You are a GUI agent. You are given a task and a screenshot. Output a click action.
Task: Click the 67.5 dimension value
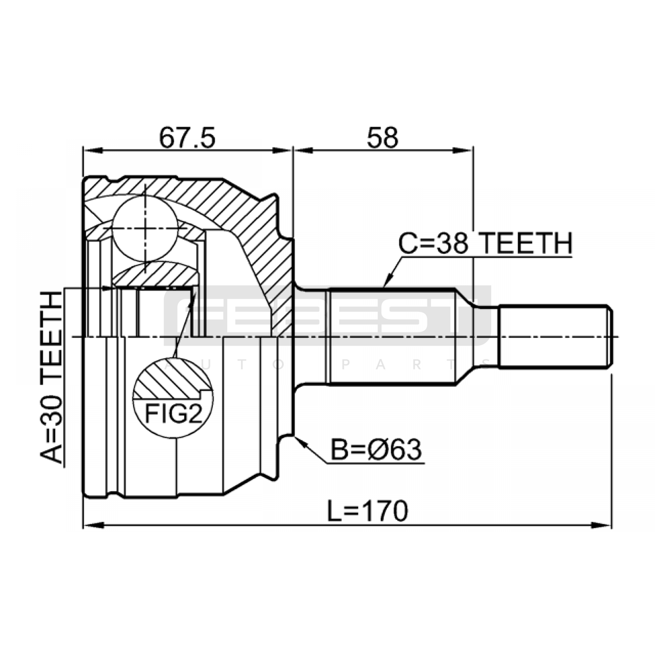pos(187,138)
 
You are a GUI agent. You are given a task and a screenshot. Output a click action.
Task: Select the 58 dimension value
pos(382,138)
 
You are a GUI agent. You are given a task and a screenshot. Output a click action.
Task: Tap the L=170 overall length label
pos(368,510)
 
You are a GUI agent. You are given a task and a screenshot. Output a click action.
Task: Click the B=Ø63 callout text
pos(376,449)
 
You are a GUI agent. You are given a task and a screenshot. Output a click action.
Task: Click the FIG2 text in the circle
pos(174,414)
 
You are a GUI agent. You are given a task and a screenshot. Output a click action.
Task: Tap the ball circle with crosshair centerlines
pos(145,228)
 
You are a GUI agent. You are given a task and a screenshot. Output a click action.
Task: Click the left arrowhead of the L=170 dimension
pos(92,524)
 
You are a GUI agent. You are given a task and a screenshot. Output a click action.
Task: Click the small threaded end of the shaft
pos(555,336)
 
